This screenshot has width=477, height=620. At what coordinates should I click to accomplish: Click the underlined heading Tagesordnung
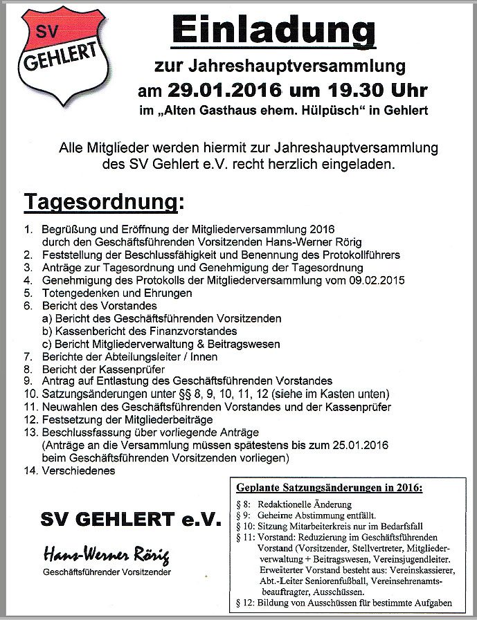(104, 203)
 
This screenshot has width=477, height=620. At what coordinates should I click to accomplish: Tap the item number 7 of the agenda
(28, 356)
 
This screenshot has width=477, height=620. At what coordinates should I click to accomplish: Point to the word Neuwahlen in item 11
(69, 407)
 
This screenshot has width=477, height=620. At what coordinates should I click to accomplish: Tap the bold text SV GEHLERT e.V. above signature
(131, 520)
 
